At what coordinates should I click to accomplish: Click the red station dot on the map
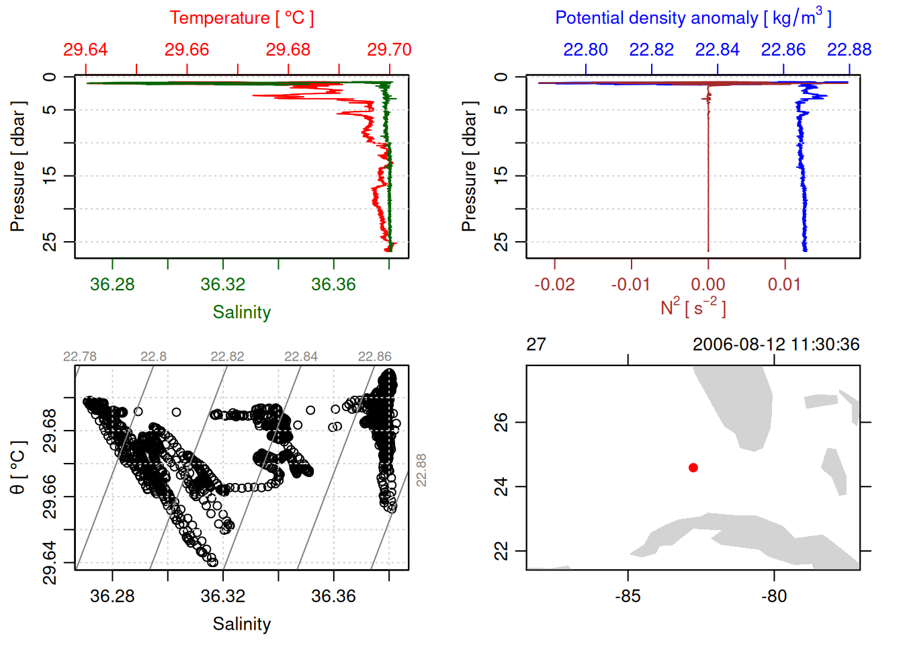click(x=693, y=468)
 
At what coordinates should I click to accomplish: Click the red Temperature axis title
click(x=241, y=18)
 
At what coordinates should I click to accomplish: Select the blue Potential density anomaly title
click(x=693, y=17)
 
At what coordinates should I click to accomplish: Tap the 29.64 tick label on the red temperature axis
click(x=85, y=50)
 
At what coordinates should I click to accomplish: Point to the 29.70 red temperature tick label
click(x=389, y=50)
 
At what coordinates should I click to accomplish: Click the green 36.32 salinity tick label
click(x=222, y=285)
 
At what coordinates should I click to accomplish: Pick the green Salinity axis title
click(x=241, y=312)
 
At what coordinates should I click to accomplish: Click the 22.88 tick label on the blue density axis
click(x=849, y=50)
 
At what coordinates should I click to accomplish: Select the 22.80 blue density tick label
click(x=585, y=50)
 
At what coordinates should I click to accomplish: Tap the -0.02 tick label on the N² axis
click(x=554, y=285)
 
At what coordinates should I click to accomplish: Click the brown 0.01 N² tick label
click(x=784, y=285)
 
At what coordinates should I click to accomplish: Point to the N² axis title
click(x=693, y=308)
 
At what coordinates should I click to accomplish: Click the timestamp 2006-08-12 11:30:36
click(x=775, y=345)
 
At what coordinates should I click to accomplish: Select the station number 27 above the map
click(x=536, y=345)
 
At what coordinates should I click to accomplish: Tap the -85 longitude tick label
click(x=628, y=597)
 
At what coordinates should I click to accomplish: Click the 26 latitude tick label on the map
click(x=501, y=422)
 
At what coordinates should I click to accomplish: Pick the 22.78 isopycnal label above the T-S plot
click(x=80, y=357)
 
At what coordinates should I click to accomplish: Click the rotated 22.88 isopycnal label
click(x=421, y=470)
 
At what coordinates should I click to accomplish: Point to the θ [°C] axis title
click(x=18, y=467)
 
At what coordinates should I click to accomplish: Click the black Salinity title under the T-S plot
click(x=241, y=624)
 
